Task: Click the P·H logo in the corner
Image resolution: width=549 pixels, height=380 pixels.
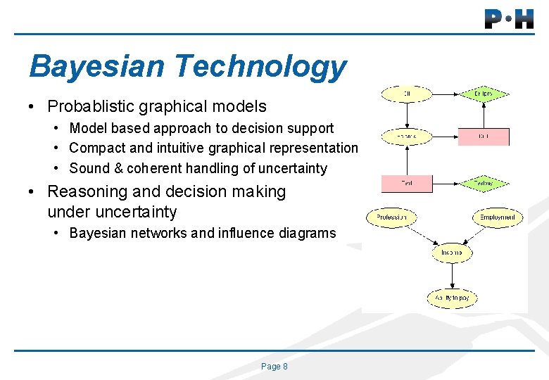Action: click(509, 18)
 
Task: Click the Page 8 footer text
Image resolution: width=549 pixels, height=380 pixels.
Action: click(274, 367)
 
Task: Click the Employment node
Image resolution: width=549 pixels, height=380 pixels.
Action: click(498, 217)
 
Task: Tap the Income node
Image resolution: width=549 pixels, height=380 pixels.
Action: click(452, 253)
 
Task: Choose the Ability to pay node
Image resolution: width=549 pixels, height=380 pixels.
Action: click(452, 298)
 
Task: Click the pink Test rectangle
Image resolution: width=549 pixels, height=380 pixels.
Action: click(407, 184)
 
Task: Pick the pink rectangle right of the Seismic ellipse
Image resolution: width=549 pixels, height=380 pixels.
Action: click(484, 137)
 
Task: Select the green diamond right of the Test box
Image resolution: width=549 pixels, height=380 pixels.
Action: click(483, 184)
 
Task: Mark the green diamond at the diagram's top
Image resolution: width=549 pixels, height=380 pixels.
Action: click(483, 94)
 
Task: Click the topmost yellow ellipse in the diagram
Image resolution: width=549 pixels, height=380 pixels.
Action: click(407, 93)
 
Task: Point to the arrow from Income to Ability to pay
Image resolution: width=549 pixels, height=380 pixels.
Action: click(452, 275)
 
